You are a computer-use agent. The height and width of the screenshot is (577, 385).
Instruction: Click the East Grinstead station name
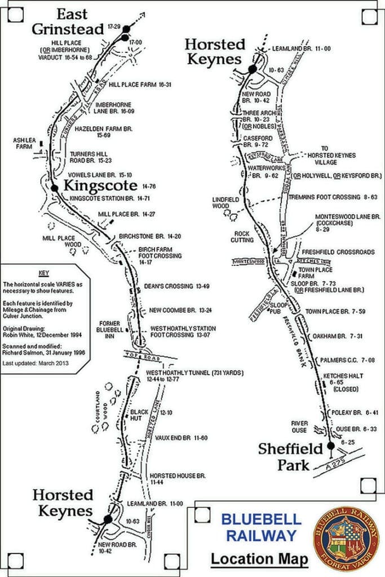click(x=68, y=21)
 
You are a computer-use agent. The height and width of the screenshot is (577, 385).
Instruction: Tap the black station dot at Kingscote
click(x=55, y=188)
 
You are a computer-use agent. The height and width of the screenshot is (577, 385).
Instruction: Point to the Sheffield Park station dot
click(x=331, y=446)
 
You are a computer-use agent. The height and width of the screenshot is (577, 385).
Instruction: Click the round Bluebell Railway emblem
click(x=346, y=538)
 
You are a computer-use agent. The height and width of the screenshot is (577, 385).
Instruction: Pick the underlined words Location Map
click(x=260, y=559)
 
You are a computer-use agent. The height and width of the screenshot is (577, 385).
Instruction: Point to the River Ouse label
click(x=299, y=427)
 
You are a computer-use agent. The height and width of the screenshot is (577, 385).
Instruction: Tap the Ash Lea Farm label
click(x=24, y=144)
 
